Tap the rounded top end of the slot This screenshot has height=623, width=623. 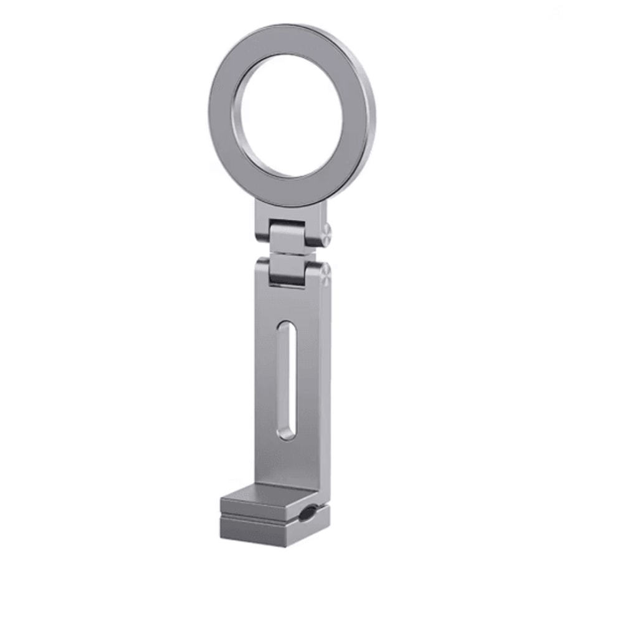point(285,325)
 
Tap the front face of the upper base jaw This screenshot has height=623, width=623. point(259,508)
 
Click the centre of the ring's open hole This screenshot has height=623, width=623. point(291,115)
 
